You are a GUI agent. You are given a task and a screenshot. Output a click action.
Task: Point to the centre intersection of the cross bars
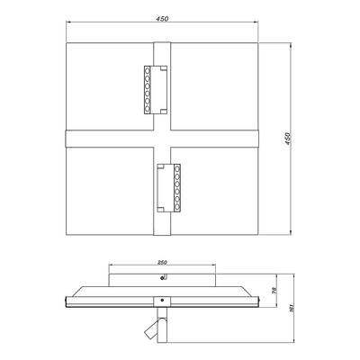[163, 139]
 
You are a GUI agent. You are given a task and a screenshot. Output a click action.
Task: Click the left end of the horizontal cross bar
[68, 139]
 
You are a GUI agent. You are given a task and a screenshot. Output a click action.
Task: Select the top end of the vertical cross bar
[163, 46]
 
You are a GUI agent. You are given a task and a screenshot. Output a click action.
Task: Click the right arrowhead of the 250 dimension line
[219, 267]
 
